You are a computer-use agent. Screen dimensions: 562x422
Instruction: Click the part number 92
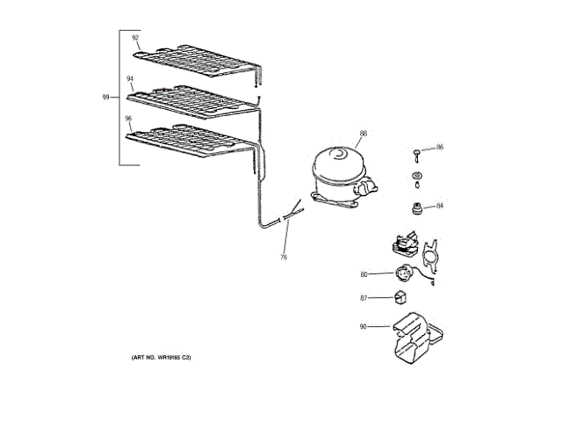[135, 38]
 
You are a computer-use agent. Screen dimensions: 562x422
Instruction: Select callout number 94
[130, 78]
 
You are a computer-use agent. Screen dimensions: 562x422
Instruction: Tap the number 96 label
[128, 119]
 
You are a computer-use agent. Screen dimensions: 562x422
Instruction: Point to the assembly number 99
[106, 98]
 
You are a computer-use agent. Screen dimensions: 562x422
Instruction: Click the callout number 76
[284, 258]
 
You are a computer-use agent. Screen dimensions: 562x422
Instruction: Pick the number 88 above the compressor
[363, 135]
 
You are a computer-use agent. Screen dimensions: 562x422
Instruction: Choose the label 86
[440, 148]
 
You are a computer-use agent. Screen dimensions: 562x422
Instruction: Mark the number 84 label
[440, 206]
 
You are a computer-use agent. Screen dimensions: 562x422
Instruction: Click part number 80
[364, 274]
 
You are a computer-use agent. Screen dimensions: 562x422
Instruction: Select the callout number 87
[364, 299]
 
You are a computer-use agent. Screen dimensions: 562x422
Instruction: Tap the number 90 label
[364, 327]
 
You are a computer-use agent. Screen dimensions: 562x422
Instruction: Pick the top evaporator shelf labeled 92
[198, 62]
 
